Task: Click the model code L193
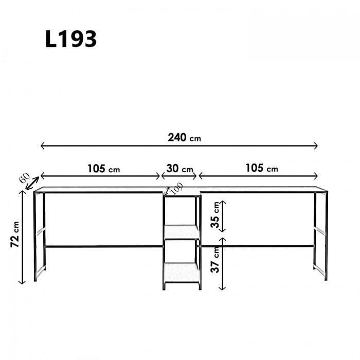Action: (71, 39)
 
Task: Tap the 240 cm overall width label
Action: (184, 138)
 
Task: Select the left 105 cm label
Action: (103, 169)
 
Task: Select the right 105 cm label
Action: (262, 168)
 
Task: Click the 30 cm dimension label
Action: (179, 169)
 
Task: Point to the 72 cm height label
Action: (15, 234)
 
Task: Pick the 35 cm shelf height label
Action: (215, 215)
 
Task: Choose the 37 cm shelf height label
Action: (215, 260)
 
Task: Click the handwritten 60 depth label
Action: (25, 178)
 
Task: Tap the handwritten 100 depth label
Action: (177, 188)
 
